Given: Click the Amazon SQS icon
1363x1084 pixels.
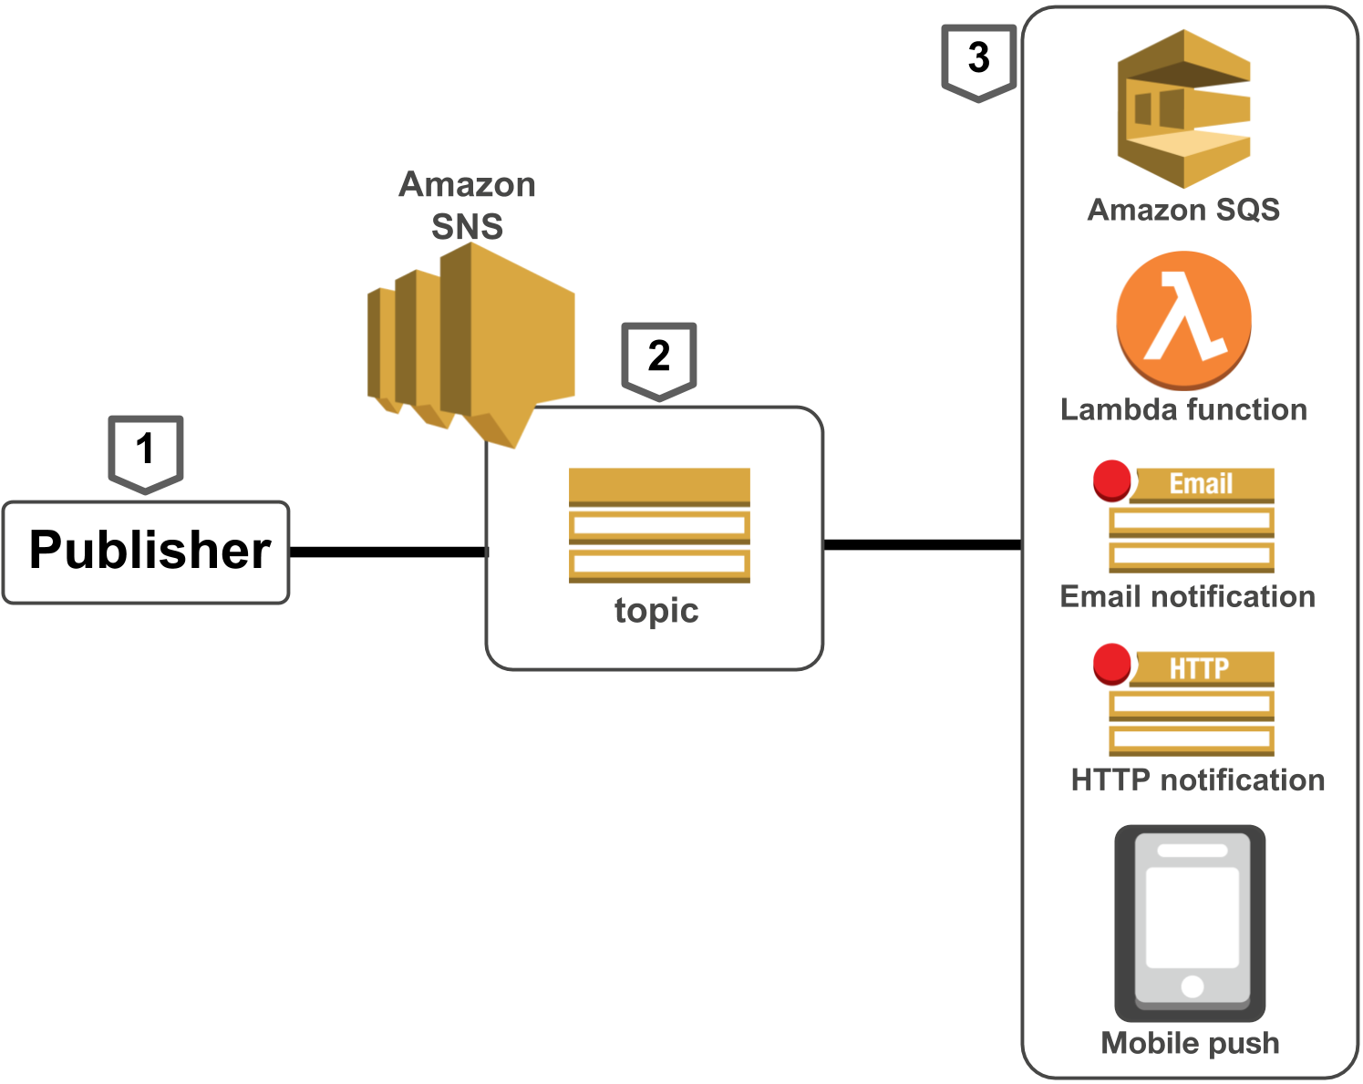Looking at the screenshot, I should pyautogui.click(x=1183, y=108).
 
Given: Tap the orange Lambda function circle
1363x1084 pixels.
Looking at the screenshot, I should pyautogui.click(x=1183, y=319).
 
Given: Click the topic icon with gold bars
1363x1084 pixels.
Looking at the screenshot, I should pyautogui.click(x=659, y=525).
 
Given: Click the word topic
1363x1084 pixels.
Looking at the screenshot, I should pyautogui.click(x=656, y=611).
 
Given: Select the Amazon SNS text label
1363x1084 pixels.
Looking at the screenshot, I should pyautogui.click(x=467, y=206).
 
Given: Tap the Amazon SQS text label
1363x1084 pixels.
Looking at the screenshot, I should pyautogui.click(x=1183, y=211).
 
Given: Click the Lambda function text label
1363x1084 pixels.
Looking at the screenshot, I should pyautogui.click(x=1183, y=410).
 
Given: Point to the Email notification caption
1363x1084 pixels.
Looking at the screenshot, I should pyautogui.click(x=1187, y=597).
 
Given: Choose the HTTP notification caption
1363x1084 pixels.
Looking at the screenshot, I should pyautogui.click(x=1197, y=780).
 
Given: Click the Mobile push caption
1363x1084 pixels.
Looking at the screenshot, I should pyautogui.click(x=1190, y=1043).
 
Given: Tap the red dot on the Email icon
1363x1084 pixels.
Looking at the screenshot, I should pyautogui.click(x=1112, y=480).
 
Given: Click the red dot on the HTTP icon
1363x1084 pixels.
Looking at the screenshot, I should pyautogui.click(x=1112, y=664).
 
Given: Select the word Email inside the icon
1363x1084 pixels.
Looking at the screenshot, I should pyautogui.click(x=1201, y=484).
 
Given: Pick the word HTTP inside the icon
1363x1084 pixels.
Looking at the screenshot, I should pyautogui.click(x=1199, y=668).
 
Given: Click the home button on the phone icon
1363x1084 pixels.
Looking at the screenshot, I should pyautogui.click(x=1192, y=986).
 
